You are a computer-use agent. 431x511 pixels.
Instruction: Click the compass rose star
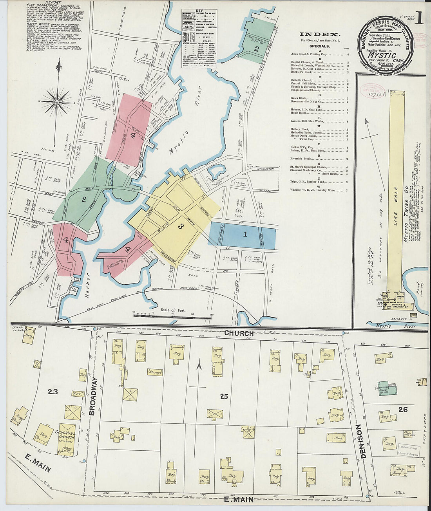pos(57,102)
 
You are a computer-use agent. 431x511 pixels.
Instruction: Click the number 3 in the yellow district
pos(181,226)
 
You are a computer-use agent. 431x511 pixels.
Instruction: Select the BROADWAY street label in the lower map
pos(92,396)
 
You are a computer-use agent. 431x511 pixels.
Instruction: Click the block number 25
pos(224,397)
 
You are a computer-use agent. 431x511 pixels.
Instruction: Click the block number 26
pos(403,410)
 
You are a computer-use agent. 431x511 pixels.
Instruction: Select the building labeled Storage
pos(155,372)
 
